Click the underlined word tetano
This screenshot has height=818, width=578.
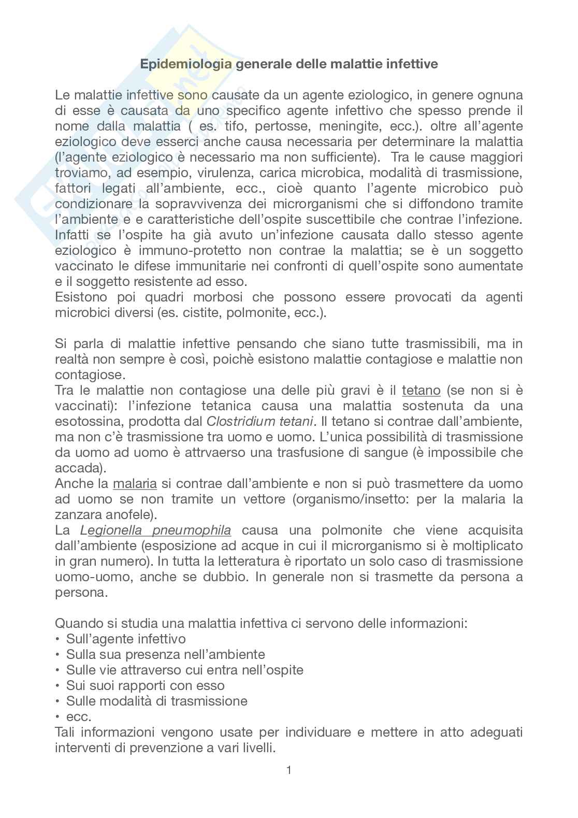421,390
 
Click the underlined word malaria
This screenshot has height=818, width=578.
135,484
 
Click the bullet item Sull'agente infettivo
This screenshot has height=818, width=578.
126,639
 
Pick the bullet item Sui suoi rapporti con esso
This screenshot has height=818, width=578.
145,686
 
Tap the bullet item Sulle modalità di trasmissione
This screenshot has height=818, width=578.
156,701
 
